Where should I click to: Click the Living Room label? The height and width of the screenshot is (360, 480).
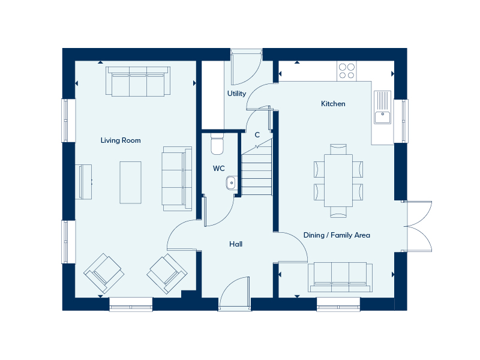[x=121, y=140]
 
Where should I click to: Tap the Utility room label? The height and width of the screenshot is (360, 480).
[x=236, y=94]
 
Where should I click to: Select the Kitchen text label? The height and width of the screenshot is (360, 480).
[x=333, y=104]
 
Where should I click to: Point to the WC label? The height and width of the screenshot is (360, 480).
[x=218, y=169]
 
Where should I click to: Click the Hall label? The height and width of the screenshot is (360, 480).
[x=236, y=244]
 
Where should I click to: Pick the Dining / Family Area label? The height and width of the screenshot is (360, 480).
[x=337, y=235]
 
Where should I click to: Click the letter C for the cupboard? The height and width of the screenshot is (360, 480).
[x=257, y=134]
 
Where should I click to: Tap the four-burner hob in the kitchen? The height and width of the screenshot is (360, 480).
[x=347, y=71]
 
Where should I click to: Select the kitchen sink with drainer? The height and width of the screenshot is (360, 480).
[x=382, y=107]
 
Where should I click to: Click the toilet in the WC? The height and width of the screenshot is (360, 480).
[x=217, y=144]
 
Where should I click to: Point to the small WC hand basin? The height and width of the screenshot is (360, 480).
[x=231, y=183]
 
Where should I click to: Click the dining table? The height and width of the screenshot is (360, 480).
[x=338, y=181]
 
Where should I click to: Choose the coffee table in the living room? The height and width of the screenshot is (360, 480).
[x=130, y=182]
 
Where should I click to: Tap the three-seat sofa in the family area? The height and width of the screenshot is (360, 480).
[x=340, y=277]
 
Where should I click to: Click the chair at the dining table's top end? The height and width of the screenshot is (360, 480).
[x=338, y=149]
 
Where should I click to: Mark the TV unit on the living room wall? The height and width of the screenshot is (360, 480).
[x=83, y=182]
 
